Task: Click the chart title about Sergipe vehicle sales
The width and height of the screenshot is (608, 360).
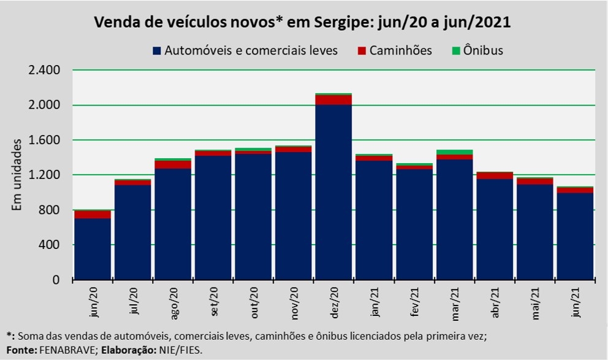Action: point(302,23)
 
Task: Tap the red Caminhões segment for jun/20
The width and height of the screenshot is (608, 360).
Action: point(93,214)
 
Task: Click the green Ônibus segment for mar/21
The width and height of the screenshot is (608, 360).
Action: point(454,152)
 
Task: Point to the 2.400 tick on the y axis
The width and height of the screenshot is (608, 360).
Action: point(44,71)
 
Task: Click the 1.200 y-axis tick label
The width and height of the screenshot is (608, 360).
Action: point(44,175)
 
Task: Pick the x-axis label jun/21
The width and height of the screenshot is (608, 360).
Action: point(576,302)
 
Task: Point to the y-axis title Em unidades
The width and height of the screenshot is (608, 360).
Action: point(17,175)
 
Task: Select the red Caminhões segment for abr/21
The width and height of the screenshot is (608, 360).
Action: point(495,175)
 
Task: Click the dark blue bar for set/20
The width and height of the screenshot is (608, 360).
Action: point(213,218)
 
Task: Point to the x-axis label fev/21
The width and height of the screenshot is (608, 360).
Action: point(414,302)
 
